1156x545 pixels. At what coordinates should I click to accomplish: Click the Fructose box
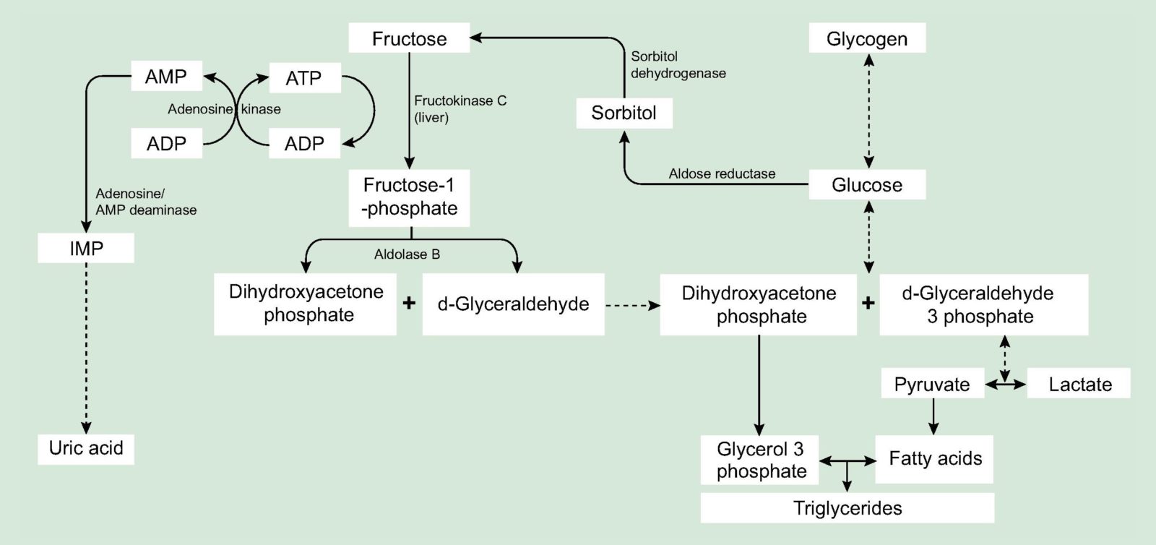click(409, 38)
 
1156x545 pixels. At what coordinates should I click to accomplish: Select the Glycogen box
click(866, 38)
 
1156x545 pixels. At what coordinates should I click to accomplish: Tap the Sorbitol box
click(624, 113)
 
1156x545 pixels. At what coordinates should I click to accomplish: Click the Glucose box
click(866, 185)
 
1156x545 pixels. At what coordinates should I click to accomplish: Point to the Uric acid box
click(86, 448)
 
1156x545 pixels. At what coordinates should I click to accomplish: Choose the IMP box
click(86, 249)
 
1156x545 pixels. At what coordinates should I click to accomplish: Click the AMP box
click(166, 77)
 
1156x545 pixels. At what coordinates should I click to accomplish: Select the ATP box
click(303, 78)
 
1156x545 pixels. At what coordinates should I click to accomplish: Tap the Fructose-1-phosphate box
click(409, 197)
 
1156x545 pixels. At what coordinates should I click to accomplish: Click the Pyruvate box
click(932, 384)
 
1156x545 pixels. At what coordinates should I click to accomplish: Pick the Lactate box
click(1079, 384)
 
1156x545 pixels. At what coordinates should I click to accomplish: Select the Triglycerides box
click(847, 508)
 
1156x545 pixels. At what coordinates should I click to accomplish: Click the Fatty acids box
click(934, 459)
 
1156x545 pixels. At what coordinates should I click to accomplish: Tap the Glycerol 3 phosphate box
click(761, 460)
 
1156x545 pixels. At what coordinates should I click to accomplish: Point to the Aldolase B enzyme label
click(407, 254)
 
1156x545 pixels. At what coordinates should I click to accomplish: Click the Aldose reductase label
click(721, 174)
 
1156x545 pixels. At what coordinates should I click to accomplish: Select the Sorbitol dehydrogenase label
click(678, 64)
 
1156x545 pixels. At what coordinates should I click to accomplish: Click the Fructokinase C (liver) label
click(460, 108)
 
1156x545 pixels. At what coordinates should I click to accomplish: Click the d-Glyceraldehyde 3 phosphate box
click(983, 304)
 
